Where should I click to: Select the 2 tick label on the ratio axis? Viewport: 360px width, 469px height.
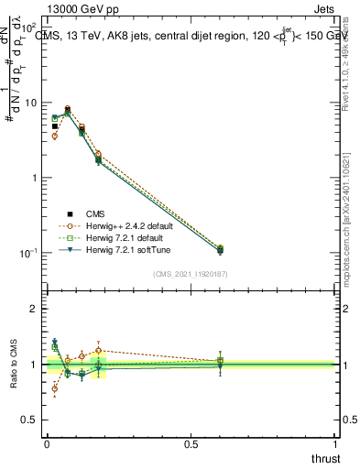34,309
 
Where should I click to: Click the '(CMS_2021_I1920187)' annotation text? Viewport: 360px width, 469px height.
191,273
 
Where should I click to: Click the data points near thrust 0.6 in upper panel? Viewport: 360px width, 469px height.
219,249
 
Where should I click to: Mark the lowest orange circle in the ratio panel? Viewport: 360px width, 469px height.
54,389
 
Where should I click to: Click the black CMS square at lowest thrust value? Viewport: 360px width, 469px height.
54,126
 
